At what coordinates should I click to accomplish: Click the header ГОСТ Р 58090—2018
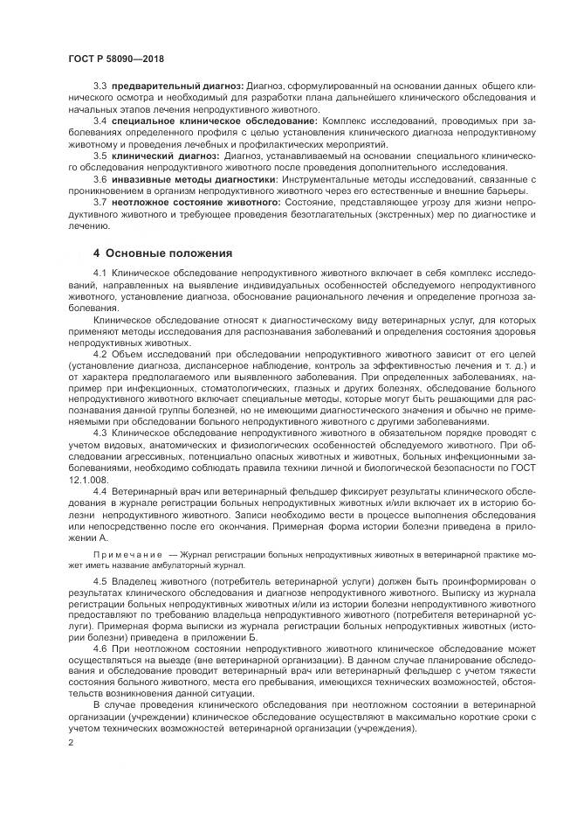116,59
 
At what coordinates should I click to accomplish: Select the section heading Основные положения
162,253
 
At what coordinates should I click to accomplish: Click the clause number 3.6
100,178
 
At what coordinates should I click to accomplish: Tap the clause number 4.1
100,274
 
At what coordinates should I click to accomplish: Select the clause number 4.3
100,432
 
